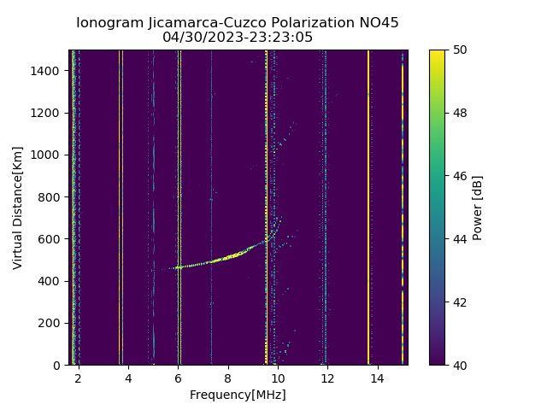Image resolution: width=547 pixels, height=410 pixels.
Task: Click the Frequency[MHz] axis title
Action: pyautogui.click(x=238, y=395)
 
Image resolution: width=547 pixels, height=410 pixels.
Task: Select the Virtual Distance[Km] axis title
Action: pyautogui.click(x=18, y=208)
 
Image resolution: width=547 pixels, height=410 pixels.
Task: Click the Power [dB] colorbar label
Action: pyautogui.click(x=478, y=208)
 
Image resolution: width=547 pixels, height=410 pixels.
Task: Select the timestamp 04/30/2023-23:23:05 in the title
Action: pyautogui.click(x=238, y=38)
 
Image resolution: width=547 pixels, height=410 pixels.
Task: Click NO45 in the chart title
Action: pyautogui.click(x=379, y=23)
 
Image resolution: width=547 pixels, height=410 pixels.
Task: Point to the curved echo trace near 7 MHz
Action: pyautogui.click(x=203, y=263)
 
